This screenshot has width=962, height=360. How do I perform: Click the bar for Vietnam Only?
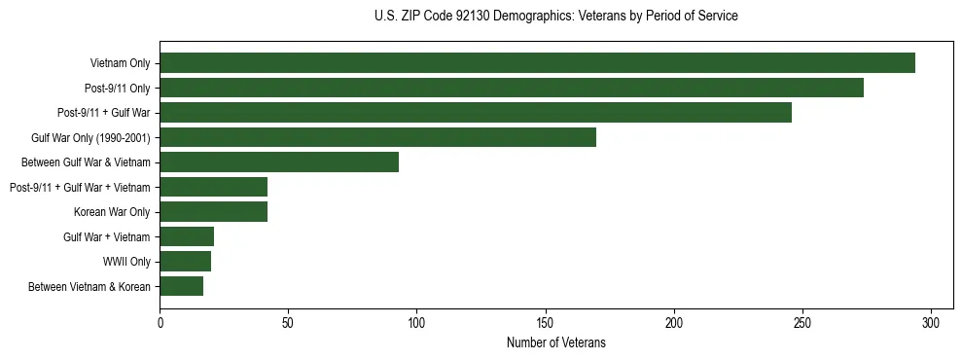[537, 63]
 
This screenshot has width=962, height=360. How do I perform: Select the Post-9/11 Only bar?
[512, 88]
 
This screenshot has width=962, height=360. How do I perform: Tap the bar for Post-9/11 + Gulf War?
[476, 113]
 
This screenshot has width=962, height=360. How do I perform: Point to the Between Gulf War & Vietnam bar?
[279, 162]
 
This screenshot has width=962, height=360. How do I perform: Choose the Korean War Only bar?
[213, 212]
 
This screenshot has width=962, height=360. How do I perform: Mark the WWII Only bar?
[185, 262]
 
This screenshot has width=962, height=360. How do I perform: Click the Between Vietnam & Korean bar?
[181, 286]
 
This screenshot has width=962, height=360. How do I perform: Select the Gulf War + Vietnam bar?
[187, 236]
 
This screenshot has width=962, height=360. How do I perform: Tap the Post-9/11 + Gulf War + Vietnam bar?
[213, 187]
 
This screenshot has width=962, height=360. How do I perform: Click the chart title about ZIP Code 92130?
[555, 16]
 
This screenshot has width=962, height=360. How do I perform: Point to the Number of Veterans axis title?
[555, 342]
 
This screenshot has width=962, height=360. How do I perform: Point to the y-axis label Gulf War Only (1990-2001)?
[90, 137]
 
